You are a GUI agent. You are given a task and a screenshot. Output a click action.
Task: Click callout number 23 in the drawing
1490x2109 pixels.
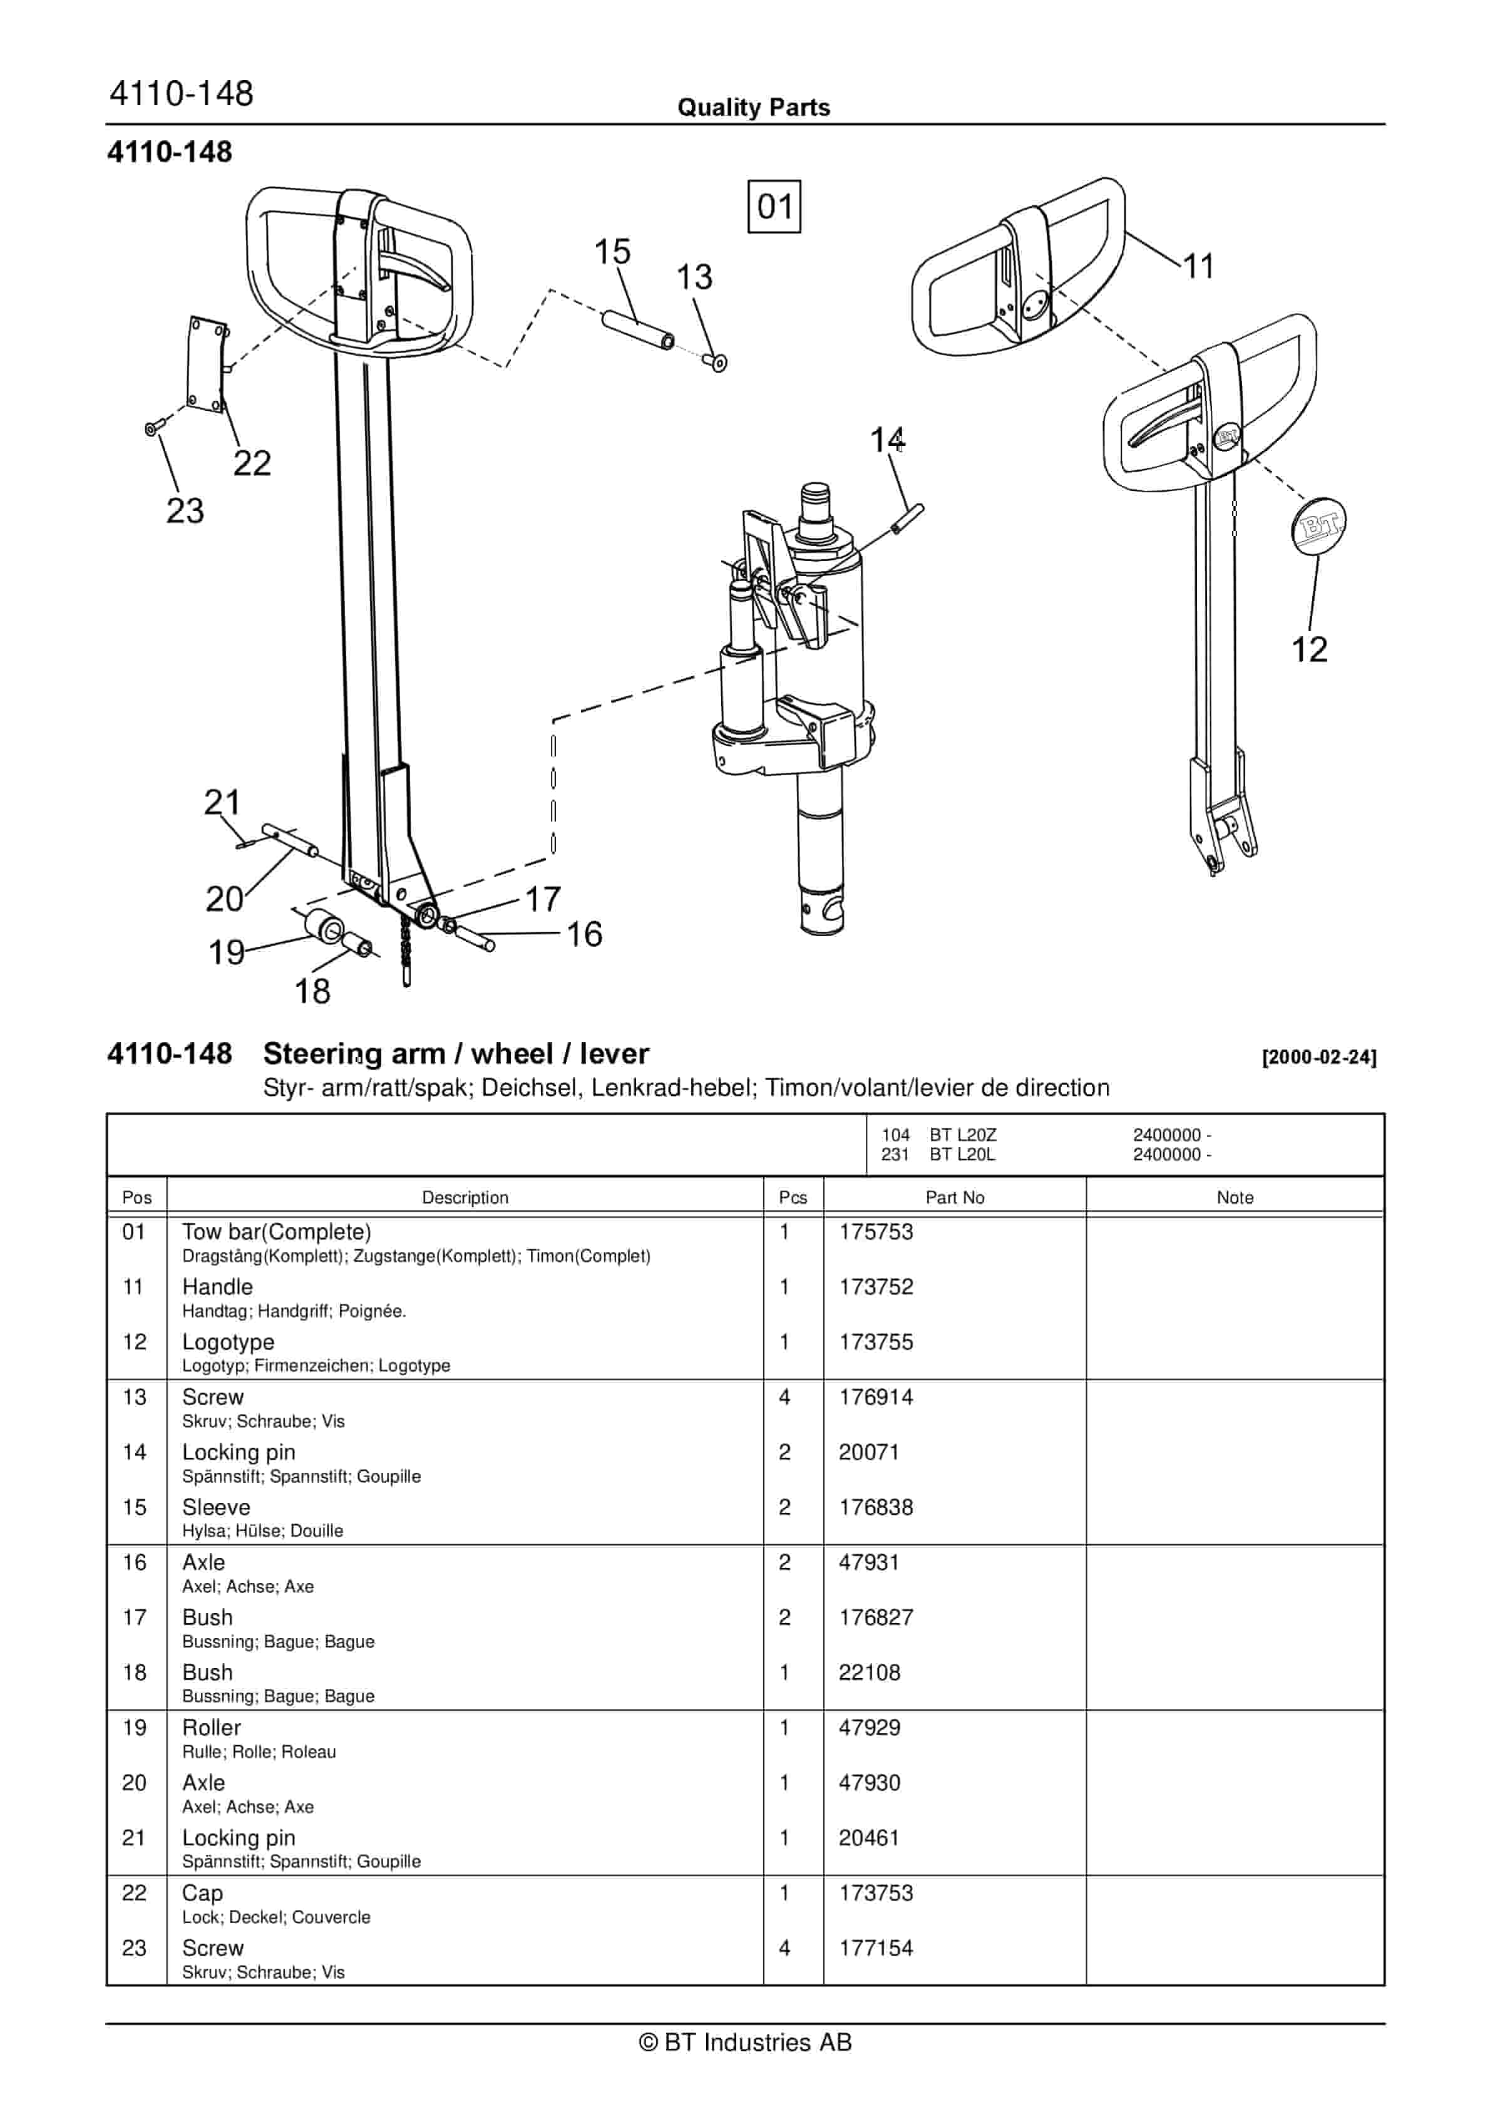(x=185, y=511)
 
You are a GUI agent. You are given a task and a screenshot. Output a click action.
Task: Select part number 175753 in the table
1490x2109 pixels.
(x=875, y=1232)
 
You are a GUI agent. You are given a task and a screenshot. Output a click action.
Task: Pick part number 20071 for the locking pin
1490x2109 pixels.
(x=868, y=1452)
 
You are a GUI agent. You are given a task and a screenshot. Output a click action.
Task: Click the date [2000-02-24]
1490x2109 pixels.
(x=1319, y=1057)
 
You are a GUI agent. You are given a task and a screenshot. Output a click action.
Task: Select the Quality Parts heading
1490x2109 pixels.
(x=753, y=108)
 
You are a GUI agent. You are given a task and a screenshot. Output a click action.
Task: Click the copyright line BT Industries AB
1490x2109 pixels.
(x=745, y=2042)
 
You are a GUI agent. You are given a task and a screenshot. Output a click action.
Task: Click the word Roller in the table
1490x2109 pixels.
(x=211, y=1728)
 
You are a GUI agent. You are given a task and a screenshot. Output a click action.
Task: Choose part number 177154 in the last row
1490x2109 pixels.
(x=875, y=1948)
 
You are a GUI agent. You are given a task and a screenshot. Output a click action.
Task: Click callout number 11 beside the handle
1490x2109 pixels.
(x=1198, y=266)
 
